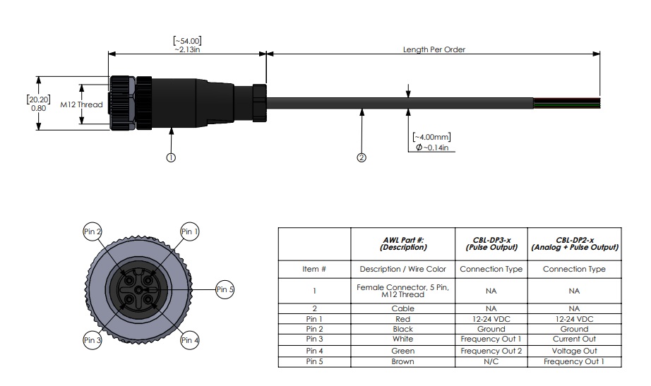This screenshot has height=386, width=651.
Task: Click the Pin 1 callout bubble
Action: tap(190, 231)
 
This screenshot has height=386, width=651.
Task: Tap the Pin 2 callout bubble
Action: tap(93, 231)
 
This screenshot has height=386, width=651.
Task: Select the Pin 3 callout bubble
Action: tap(93, 340)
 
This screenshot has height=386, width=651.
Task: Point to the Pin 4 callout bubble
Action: tap(190, 340)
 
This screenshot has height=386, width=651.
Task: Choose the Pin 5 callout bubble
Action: tap(225, 288)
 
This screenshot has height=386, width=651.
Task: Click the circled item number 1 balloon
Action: tap(171, 157)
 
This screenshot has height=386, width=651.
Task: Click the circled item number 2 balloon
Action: tap(362, 157)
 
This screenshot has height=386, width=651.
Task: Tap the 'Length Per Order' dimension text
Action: tap(434, 50)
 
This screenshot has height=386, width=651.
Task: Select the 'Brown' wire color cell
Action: tap(403, 361)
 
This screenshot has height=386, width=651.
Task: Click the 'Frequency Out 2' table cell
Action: tap(491, 350)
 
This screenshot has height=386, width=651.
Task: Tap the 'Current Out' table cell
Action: tap(574, 339)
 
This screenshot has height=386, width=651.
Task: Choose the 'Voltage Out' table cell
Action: tap(574, 350)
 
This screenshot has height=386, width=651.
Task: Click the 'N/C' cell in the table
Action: tap(491, 361)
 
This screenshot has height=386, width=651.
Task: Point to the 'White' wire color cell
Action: tap(403, 339)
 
